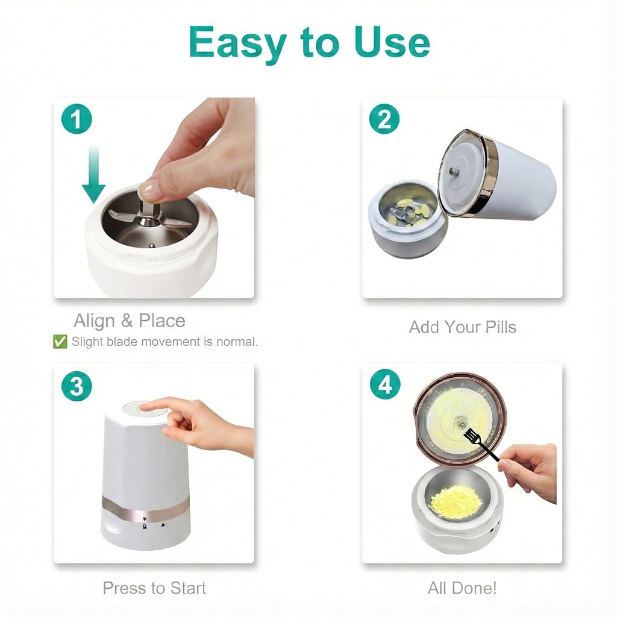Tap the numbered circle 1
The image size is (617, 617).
click(77, 119)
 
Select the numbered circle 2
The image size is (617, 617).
click(384, 119)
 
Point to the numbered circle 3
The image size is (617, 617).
click(77, 386)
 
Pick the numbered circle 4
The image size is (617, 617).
click(385, 384)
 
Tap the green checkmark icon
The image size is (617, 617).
click(60, 342)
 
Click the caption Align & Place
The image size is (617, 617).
click(130, 321)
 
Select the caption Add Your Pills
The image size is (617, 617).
click(462, 327)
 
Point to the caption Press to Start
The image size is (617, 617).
click(154, 588)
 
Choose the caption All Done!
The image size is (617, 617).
click(462, 588)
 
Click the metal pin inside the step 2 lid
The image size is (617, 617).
click(453, 171)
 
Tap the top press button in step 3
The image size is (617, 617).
click(145, 409)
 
